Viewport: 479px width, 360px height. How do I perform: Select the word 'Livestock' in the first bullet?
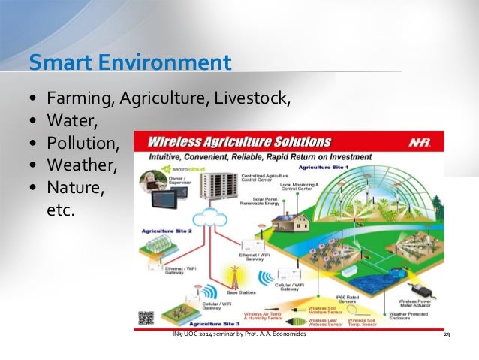tap(258, 99)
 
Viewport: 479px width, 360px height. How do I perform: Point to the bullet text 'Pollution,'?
tap(82, 142)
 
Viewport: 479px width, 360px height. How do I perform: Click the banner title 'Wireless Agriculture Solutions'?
tap(239, 142)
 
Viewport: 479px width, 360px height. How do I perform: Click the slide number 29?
tap(447, 334)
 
